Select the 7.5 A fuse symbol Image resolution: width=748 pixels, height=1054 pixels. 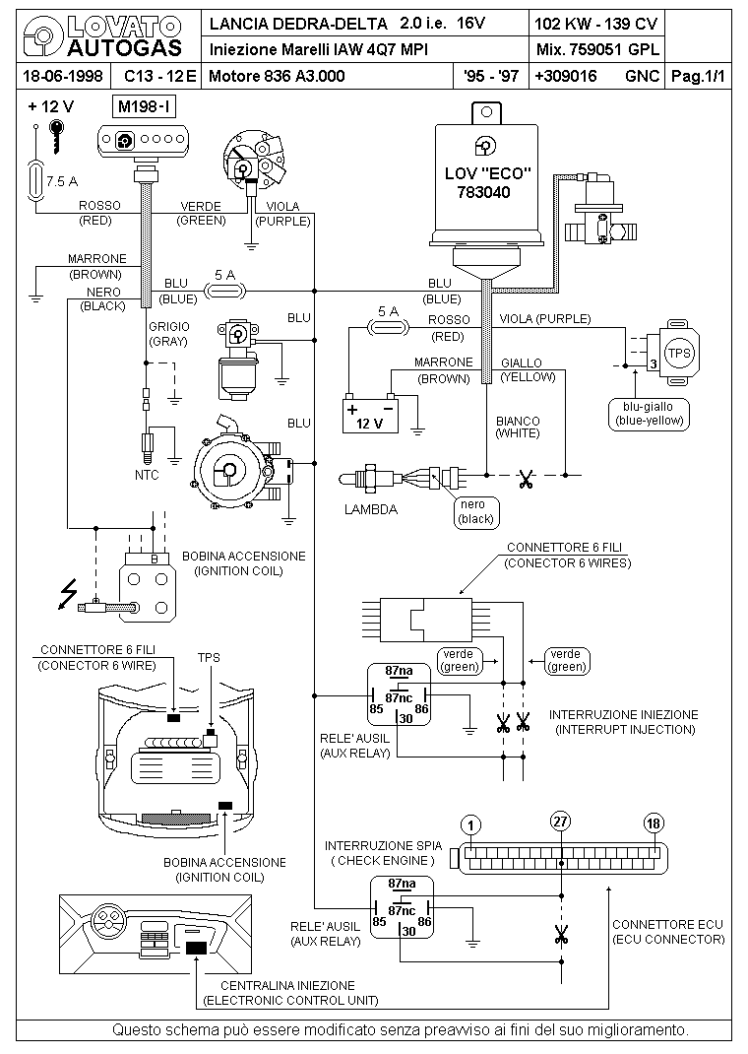point(35,180)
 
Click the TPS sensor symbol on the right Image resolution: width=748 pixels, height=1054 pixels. point(678,352)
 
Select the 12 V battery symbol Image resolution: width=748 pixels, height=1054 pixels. point(368,415)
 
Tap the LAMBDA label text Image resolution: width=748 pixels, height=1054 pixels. point(371,510)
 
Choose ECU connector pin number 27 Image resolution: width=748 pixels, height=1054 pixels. point(560,823)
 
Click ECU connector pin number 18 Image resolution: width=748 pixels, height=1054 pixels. point(653,823)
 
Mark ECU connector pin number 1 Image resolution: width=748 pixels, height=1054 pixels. point(471,823)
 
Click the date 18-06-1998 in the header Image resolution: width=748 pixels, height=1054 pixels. point(62,75)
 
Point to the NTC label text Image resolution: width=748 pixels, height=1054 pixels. point(147,475)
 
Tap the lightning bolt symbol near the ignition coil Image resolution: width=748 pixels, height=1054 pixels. point(68,593)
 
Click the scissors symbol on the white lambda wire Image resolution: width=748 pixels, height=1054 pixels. point(526,480)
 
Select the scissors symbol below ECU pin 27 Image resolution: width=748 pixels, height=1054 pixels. point(561,934)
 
